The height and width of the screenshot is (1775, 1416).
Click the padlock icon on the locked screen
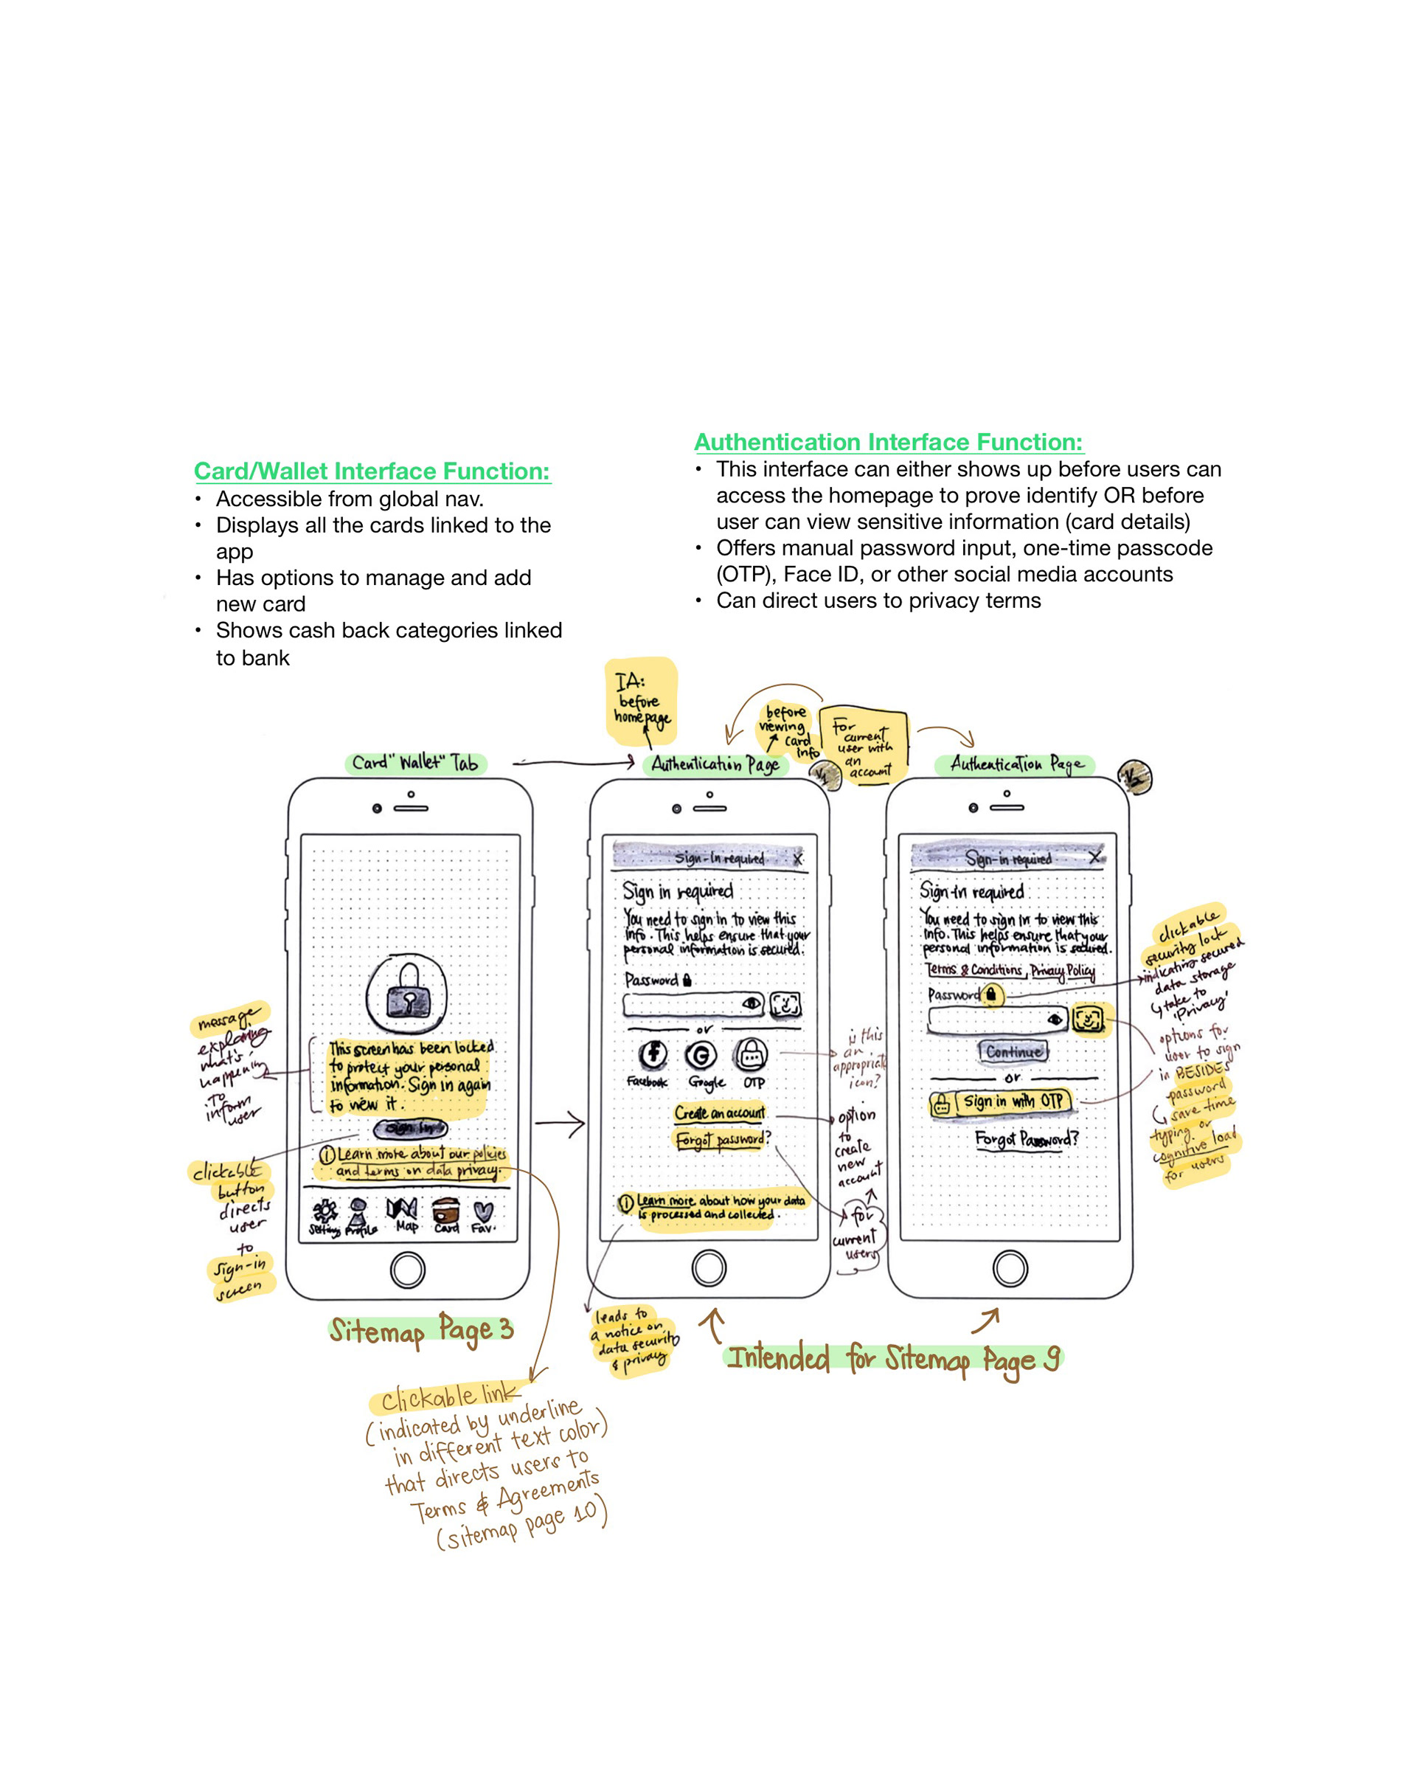(x=406, y=994)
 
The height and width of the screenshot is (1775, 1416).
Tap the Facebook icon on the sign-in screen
(x=653, y=1053)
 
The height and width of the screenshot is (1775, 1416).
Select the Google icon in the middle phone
(x=701, y=1055)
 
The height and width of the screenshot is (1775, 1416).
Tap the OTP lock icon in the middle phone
(x=751, y=1053)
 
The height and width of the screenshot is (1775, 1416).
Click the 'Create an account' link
(x=720, y=1113)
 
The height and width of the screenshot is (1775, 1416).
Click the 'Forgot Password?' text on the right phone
(x=1026, y=1139)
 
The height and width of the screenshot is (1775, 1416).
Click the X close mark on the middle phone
(x=798, y=859)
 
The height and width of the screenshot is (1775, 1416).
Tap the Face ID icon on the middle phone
(x=785, y=1004)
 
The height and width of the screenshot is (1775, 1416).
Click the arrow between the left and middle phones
(x=560, y=1123)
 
